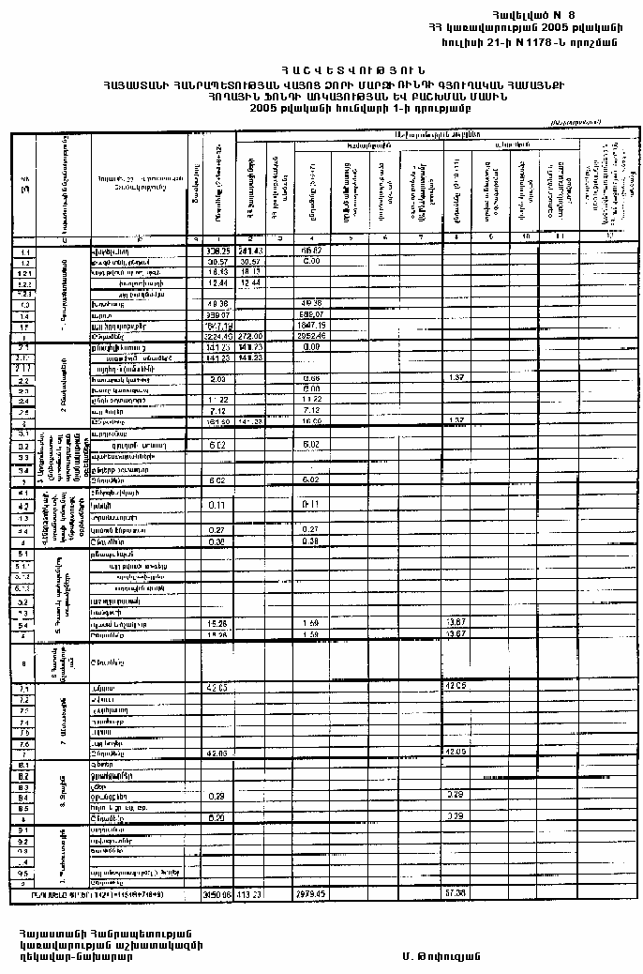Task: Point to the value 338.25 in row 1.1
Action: tap(217, 252)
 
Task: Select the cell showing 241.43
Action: tap(250, 252)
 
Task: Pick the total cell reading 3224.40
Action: tap(217, 335)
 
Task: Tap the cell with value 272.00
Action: tap(250, 335)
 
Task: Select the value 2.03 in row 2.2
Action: tap(217, 378)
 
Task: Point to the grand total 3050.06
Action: tap(217, 894)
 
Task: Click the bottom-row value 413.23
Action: tap(250, 894)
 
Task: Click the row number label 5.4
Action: tap(22, 624)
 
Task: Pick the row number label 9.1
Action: tap(22, 831)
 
